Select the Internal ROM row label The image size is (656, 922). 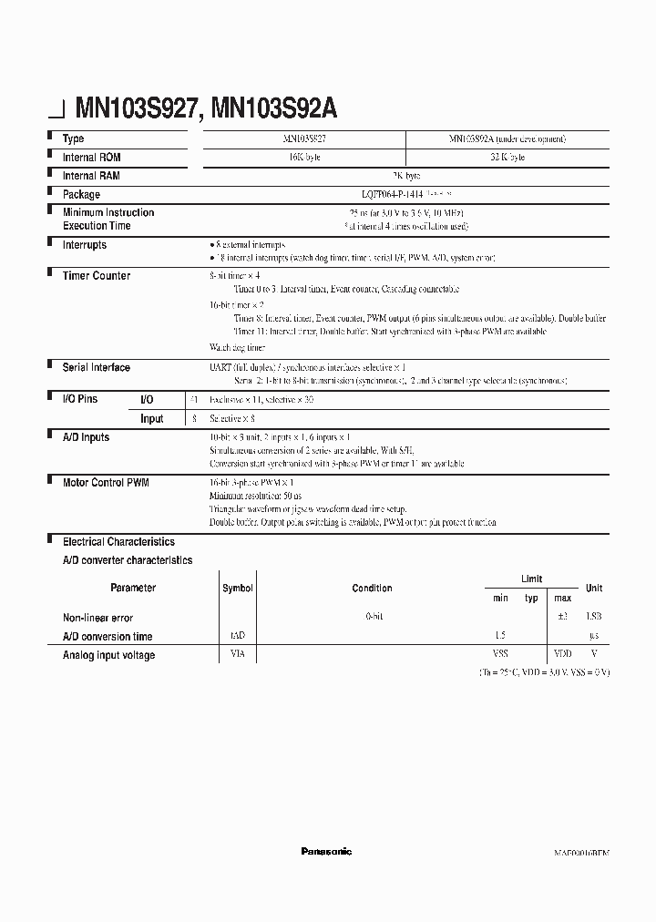[x=91, y=157]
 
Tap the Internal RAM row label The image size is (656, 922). [x=91, y=175]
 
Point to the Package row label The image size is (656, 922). [x=81, y=194]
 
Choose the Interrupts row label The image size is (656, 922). [x=84, y=245]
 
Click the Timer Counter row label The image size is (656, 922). [x=96, y=275]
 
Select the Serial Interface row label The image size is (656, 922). [x=96, y=367]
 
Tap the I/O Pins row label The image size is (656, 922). [x=79, y=399]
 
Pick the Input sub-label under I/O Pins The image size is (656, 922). [x=151, y=418]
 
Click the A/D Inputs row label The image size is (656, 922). [x=86, y=437]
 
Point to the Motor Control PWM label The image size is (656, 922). [x=106, y=482]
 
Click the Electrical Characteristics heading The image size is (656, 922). [x=118, y=541]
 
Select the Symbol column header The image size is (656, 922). [x=238, y=589]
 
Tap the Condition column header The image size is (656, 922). [x=372, y=589]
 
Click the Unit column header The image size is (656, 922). [x=593, y=589]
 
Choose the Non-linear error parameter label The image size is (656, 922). [x=97, y=618]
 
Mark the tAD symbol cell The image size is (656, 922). [x=238, y=636]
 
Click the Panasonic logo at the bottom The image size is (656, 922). [x=326, y=851]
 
